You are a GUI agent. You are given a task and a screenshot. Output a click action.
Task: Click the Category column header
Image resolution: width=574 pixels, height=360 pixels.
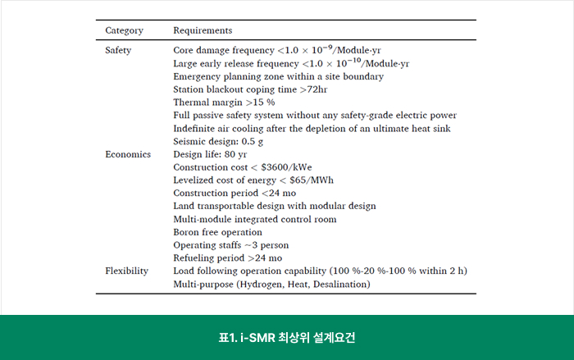124,30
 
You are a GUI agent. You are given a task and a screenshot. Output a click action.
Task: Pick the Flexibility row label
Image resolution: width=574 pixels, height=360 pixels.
126,271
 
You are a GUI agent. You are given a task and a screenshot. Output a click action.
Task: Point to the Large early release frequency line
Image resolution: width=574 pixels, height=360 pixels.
291,63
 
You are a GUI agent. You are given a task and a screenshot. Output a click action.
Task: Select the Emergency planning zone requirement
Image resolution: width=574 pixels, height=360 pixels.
278,76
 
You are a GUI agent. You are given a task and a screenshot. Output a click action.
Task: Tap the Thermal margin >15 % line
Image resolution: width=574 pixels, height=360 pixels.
212,103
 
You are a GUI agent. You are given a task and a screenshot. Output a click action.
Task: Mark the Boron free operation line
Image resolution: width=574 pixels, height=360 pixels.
217,232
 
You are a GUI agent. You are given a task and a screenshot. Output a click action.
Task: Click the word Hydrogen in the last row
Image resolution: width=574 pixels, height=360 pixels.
262,285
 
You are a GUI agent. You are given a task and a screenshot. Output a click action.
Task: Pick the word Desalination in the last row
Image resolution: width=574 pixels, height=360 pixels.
340,285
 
